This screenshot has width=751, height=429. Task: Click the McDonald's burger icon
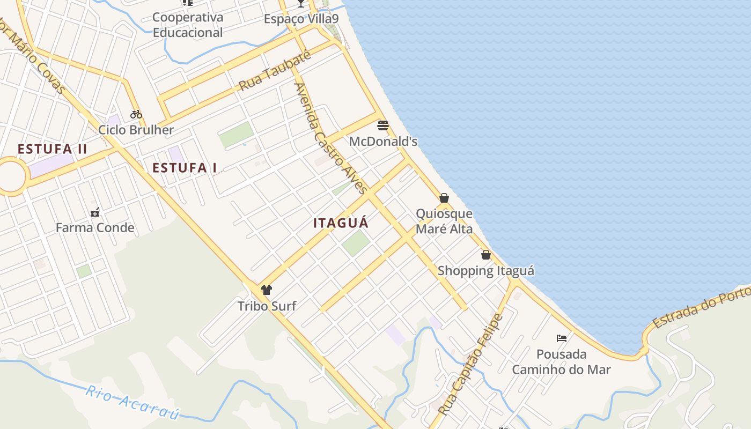click(383, 125)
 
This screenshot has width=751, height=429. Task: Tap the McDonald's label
click(383, 142)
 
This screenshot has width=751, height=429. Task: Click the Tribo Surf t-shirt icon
click(267, 290)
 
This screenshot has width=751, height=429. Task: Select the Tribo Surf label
click(267, 306)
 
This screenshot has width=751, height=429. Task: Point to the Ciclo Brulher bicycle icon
click(136, 114)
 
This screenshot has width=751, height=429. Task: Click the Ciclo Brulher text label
click(136, 130)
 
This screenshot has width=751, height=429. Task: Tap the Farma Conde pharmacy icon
click(95, 212)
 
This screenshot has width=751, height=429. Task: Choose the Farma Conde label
click(95, 228)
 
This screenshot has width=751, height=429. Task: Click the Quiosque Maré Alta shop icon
click(444, 198)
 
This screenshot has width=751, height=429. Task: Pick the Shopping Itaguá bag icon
click(486, 255)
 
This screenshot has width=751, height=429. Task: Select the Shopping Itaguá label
click(486, 271)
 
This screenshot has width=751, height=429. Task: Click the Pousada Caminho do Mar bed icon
click(562, 338)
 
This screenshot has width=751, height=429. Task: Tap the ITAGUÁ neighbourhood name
click(341, 223)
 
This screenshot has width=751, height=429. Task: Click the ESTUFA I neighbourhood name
click(185, 168)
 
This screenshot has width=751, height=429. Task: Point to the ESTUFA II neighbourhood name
click(52, 149)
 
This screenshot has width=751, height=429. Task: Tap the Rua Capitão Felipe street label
click(471, 365)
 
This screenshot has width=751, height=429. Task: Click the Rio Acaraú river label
click(132, 402)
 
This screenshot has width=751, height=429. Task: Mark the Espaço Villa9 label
click(301, 19)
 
